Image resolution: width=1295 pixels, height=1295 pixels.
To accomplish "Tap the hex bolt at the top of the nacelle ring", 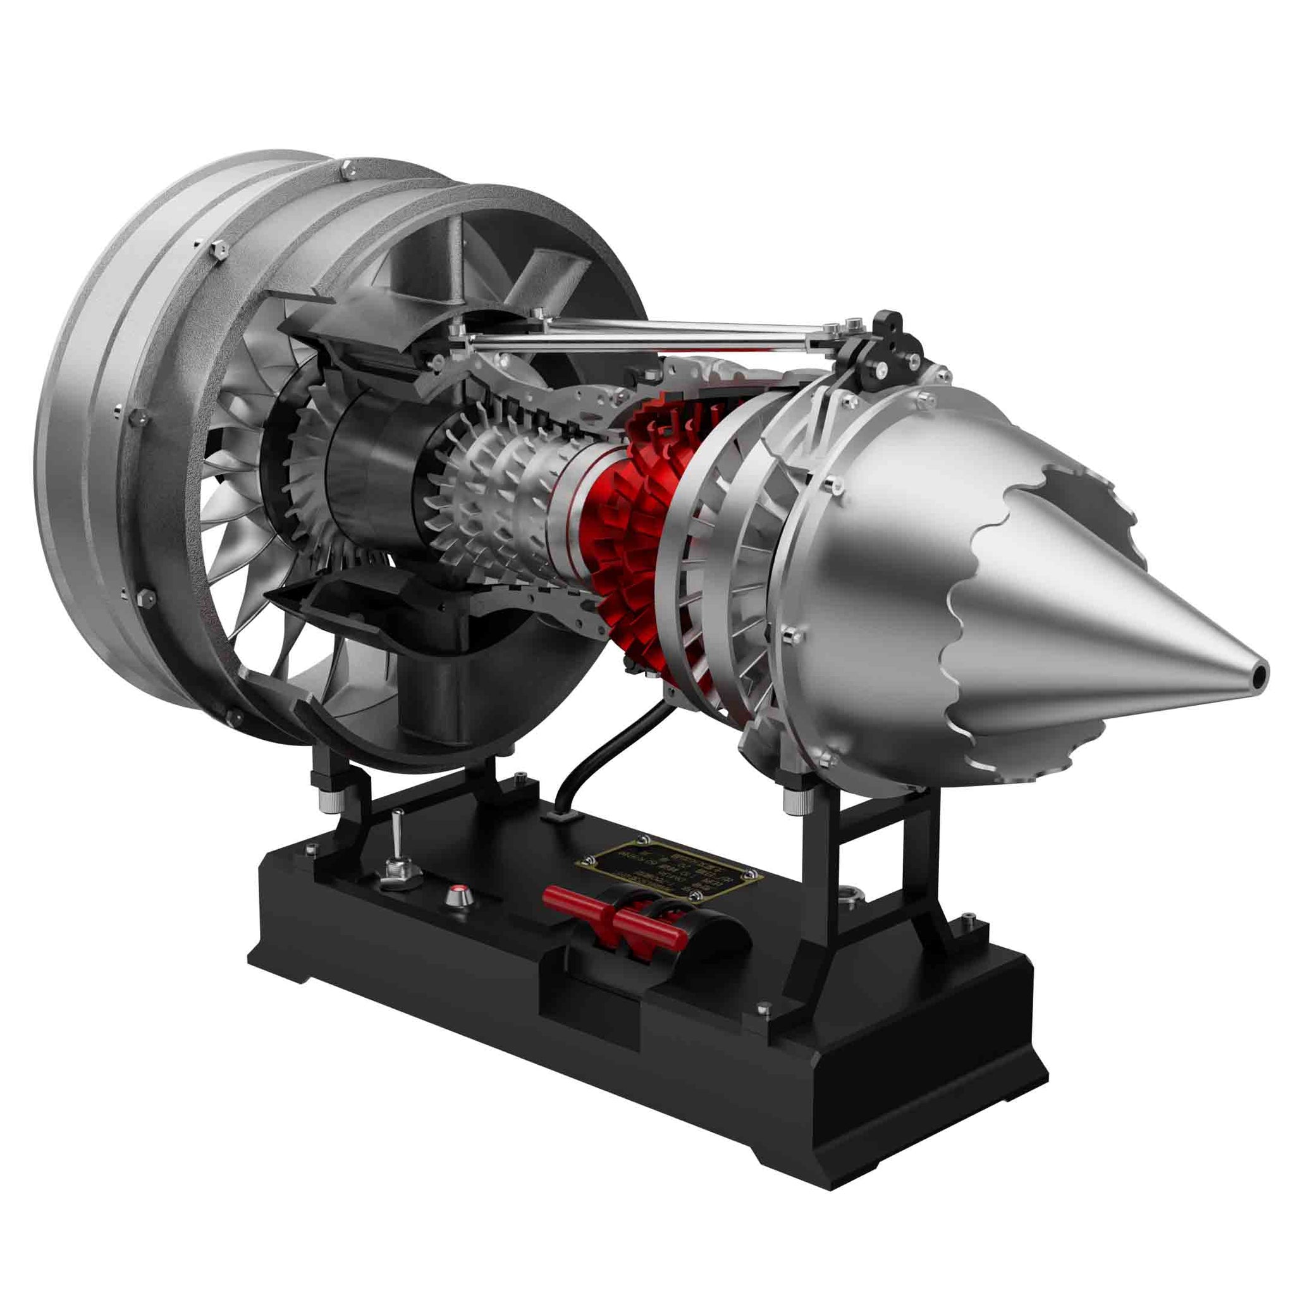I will pyautogui.click(x=347, y=171).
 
